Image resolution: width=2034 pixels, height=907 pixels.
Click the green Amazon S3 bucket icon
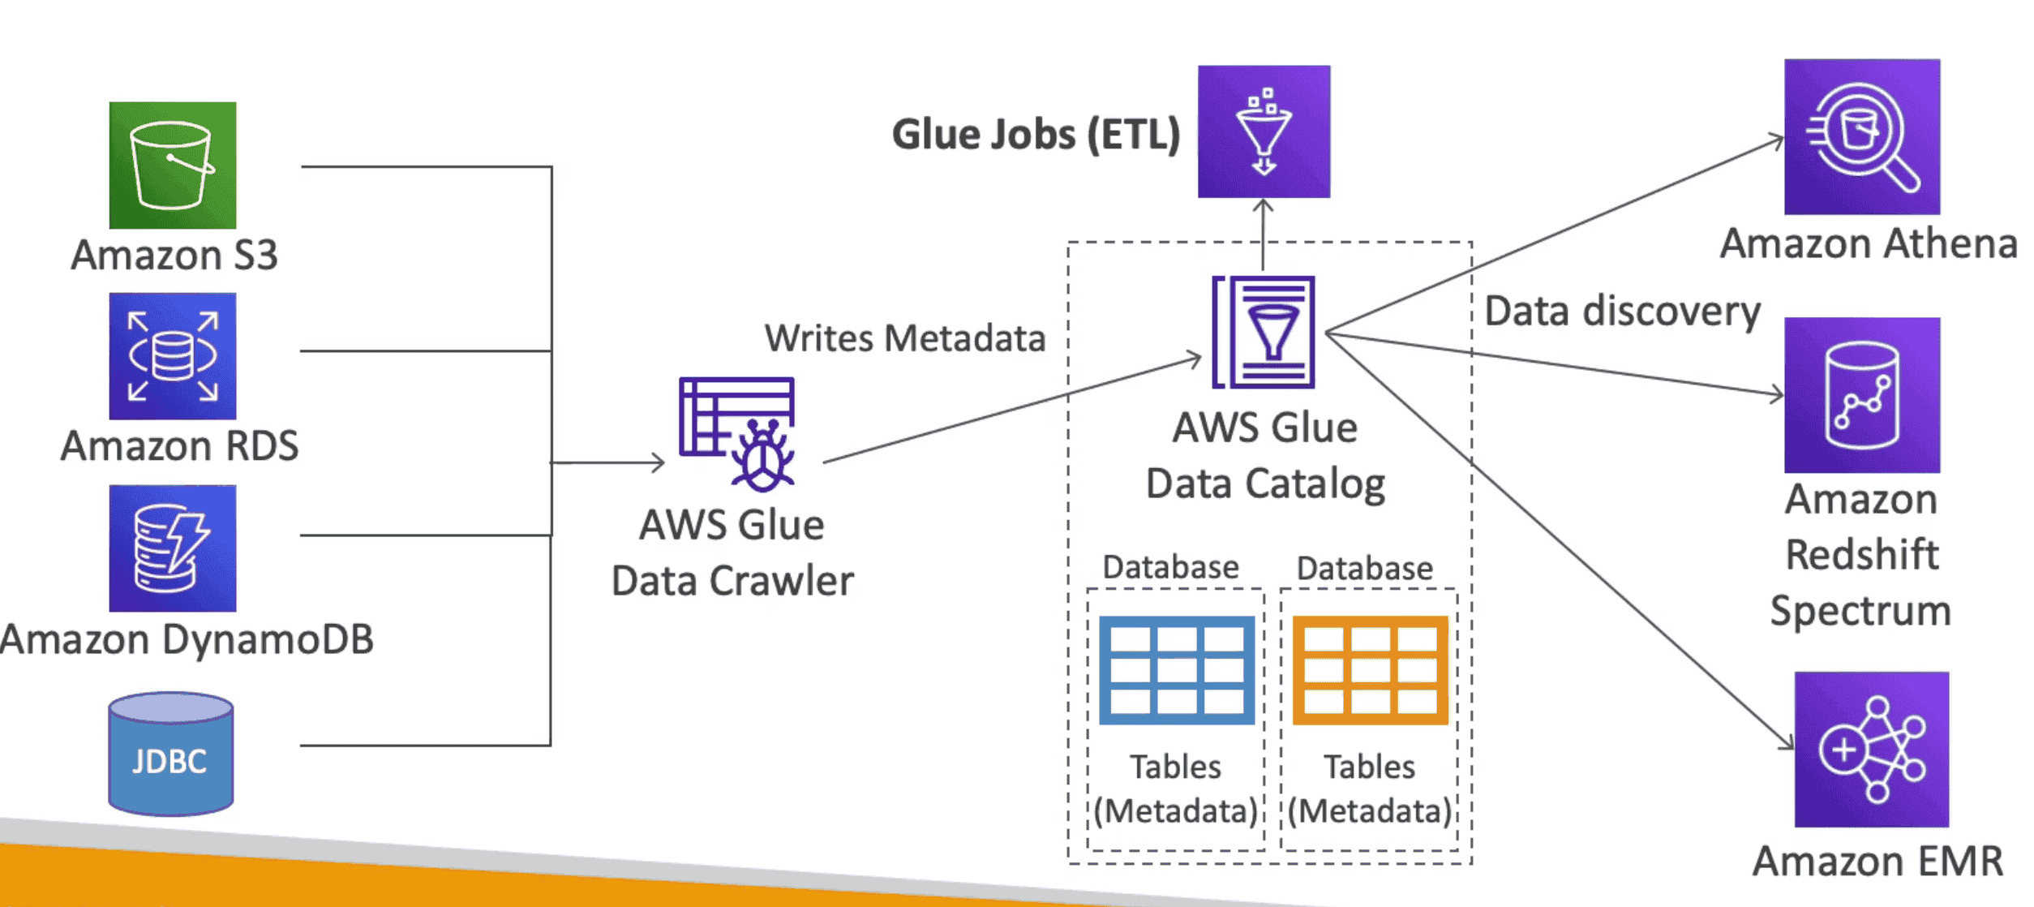point(173,165)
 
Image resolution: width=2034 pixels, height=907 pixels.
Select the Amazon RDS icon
point(173,356)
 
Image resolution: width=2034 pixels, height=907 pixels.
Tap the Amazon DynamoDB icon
point(173,548)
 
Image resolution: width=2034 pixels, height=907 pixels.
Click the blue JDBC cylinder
point(171,754)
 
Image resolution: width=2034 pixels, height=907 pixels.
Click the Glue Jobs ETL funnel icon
point(1264,131)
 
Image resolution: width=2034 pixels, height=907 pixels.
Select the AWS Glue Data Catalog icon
point(1264,332)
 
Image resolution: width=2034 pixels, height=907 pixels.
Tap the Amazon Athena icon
point(1861,136)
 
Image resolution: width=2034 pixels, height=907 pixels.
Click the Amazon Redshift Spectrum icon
point(1861,395)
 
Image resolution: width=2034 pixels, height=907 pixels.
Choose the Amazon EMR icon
point(1871,749)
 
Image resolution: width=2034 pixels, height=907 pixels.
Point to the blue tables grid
point(1176,670)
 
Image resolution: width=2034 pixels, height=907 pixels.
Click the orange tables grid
point(1370,670)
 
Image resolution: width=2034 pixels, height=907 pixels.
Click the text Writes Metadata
point(905,338)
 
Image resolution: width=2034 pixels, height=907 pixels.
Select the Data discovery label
point(1622,312)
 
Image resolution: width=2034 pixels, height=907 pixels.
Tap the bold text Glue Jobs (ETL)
point(1036,134)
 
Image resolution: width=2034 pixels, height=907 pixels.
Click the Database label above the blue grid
point(1170,567)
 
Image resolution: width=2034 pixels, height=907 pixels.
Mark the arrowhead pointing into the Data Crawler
point(659,462)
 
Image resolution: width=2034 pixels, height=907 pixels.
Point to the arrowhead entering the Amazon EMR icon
point(1787,742)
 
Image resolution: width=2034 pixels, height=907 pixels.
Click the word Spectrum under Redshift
point(1860,610)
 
